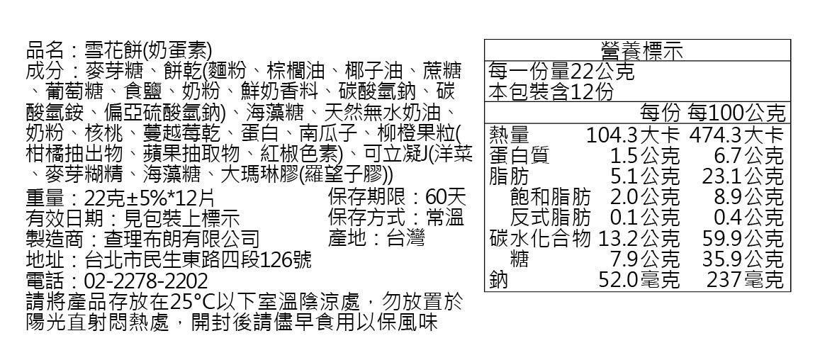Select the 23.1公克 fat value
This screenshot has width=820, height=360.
pos(742,176)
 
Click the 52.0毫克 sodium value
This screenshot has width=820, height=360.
pos(639,280)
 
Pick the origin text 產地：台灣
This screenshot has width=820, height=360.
pos(376,238)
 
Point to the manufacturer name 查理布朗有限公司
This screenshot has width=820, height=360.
pos(181,238)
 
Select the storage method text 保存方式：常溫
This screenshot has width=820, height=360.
pos(396,217)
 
